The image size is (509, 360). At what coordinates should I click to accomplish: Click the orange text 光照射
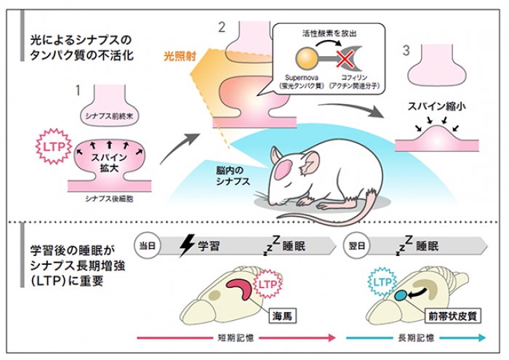[x=179, y=55]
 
